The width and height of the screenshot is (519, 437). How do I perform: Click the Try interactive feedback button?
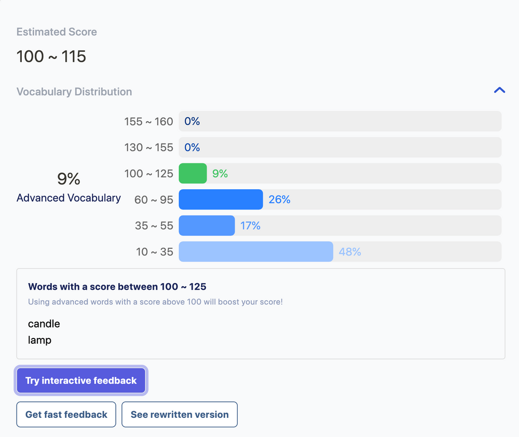pyautogui.click(x=81, y=380)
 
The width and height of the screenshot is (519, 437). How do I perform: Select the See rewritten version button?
pyautogui.click(x=180, y=415)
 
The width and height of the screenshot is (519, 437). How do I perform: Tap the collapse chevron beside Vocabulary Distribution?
pyautogui.click(x=499, y=90)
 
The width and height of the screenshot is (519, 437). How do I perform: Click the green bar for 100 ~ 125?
pyautogui.click(x=193, y=174)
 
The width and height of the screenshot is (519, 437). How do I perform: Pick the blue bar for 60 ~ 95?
pyautogui.click(x=221, y=200)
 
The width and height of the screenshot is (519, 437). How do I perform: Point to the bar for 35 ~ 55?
pyautogui.click(x=207, y=225)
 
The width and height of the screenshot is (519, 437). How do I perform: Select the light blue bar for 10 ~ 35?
pyautogui.click(x=256, y=252)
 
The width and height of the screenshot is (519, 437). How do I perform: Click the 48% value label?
pyautogui.click(x=350, y=252)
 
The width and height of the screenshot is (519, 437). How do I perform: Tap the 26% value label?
pyautogui.click(x=279, y=200)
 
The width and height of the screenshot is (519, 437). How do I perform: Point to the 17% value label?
pyautogui.click(x=250, y=225)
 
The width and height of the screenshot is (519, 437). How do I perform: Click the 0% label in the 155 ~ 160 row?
pyautogui.click(x=192, y=121)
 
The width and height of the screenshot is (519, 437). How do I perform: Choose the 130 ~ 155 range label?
pyautogui.click(x=148, y=147)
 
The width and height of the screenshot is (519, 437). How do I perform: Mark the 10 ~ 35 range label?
pyautogui.click(x=154, y=252)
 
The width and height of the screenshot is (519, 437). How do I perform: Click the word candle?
pyautogui.click(x=44, y=324)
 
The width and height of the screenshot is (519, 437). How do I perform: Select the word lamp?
pyautogui.click(x=39, y=340)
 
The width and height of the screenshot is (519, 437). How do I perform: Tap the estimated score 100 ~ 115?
pyautogui.click(x=51, y=56)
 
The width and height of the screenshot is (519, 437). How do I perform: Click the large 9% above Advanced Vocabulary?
pyautogui.click(x=69, y=179)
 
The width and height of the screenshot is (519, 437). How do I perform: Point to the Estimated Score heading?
pyautogui.click(x=57, y=32)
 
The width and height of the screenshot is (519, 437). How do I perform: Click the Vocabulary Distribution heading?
pyautogui.click(x=74, y=92)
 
